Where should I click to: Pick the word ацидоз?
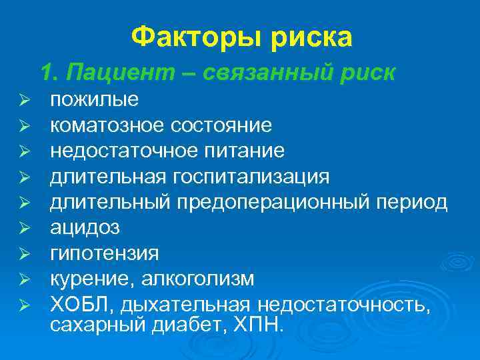85,228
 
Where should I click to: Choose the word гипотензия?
105,253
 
